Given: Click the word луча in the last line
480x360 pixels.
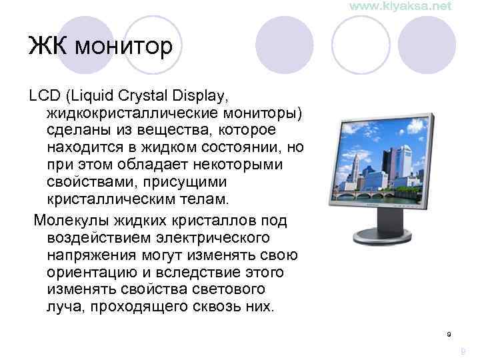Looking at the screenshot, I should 64,307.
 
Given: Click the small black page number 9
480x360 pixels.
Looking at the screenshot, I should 449,333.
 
